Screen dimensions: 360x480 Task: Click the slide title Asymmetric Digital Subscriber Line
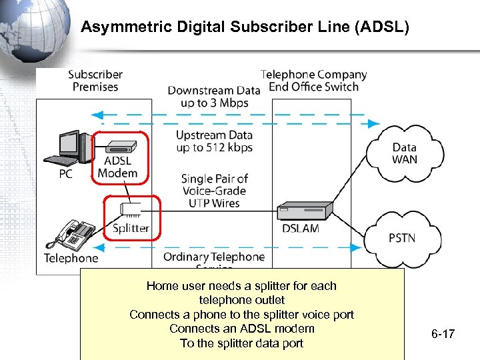[245, 27]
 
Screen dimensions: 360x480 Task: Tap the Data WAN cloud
[404, 154]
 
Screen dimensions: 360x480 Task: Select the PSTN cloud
[401, 237]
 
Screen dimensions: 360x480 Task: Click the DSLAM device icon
[305, 210]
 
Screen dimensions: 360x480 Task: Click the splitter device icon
[131, 209]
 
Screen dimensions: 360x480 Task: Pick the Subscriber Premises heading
[95, 81]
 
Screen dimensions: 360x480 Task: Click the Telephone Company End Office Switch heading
[314, 81]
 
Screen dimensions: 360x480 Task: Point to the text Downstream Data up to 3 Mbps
[213, 97]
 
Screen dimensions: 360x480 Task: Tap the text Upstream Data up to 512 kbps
[214, 141]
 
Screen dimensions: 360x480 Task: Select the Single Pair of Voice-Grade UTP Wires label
[214, 191]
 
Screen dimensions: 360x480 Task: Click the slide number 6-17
[443, 333]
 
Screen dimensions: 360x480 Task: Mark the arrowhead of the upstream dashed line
[373, 124]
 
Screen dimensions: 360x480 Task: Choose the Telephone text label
[71, 258]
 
